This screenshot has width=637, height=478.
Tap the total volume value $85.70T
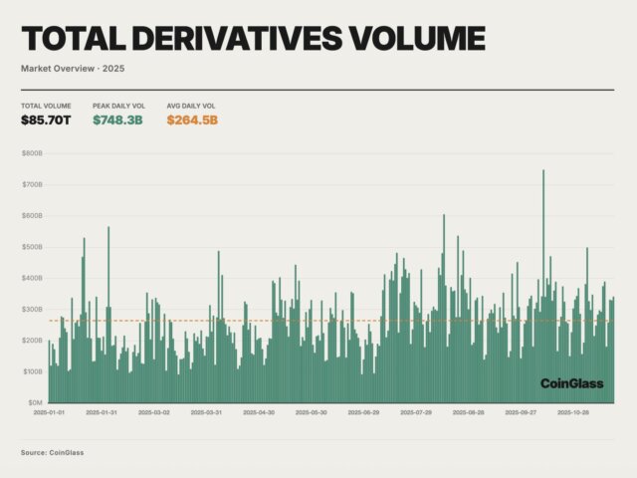pos(47,120)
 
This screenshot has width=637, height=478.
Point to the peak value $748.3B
pos(118,120)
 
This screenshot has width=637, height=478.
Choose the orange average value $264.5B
pos(191,120)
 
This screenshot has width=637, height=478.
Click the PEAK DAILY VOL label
pos(119,106)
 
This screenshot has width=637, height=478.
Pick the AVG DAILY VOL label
pos(190,106)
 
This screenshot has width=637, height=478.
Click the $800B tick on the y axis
pos(32,153)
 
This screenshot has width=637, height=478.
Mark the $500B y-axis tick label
pos(32,247)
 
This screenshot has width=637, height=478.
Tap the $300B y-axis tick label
pos(32,309)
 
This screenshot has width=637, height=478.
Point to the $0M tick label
pos(34,402)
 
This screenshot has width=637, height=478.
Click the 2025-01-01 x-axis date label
pos(49,411)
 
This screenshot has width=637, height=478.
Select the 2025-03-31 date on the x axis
pos(206,411)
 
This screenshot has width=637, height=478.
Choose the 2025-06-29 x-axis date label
pos(362,411)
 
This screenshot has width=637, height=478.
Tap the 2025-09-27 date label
pos(520,411)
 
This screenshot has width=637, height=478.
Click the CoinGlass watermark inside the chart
pos(572,383)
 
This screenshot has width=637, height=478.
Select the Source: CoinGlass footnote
pos(52,453)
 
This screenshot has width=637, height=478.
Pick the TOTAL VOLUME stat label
pos(46,106)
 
